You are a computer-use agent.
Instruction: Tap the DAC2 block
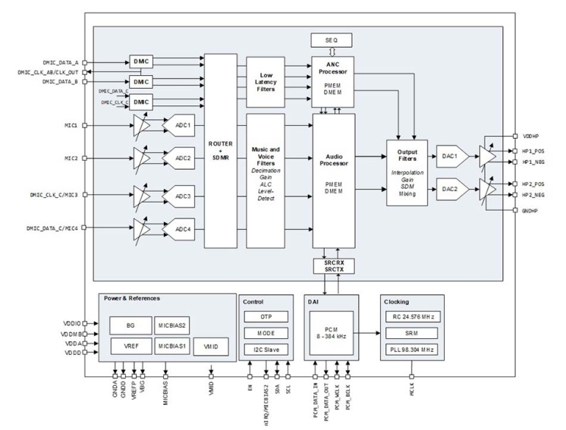click(x=448, y=189)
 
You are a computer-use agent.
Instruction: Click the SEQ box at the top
click(x=332, y=39)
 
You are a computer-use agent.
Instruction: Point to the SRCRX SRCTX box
click(x=332, y=266)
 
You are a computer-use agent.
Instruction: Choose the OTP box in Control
click(x=266, y=316)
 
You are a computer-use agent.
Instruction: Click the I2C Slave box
click(x=266, y=349)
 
